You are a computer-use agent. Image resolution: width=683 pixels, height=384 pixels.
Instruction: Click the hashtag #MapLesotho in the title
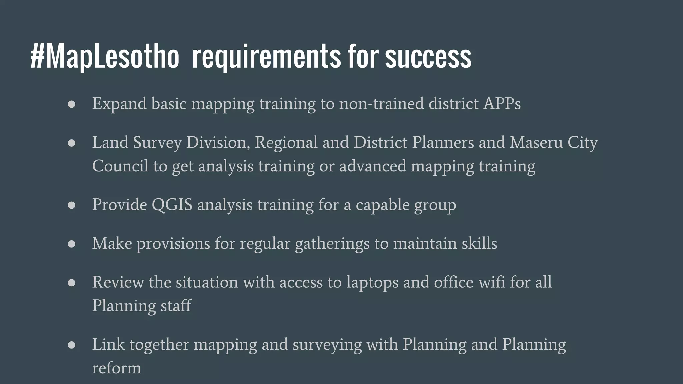pyautogui.click(x=105, y=57)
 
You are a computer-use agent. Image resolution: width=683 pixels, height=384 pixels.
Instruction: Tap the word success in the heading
pyautogui.click(x=428, y=57)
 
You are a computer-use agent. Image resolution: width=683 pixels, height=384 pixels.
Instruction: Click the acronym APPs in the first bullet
pyautogui.click(x=502, y=104)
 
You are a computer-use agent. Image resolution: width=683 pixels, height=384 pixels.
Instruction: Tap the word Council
pyautogui.click(x=120, y=166)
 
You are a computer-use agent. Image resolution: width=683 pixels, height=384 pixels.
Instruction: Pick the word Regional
pyautogui.click(x=286, y=142)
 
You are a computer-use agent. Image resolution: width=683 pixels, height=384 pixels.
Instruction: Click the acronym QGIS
pyautogui.click(x=172, y=204)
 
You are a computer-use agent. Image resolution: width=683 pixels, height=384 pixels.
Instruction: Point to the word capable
pyautogui.click(x=382, y=204)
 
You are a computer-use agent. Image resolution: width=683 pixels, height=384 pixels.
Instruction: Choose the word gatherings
pyautogui.click(x=332, y=243)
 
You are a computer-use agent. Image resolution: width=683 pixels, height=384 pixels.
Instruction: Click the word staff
pyautogui.click(x=176, y=306)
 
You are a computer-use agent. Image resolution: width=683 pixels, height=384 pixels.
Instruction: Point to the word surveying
pyautogui.click(x=327, y=345)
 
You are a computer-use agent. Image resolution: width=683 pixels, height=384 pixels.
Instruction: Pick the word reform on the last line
pyautogui.click(x=116, y=368)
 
